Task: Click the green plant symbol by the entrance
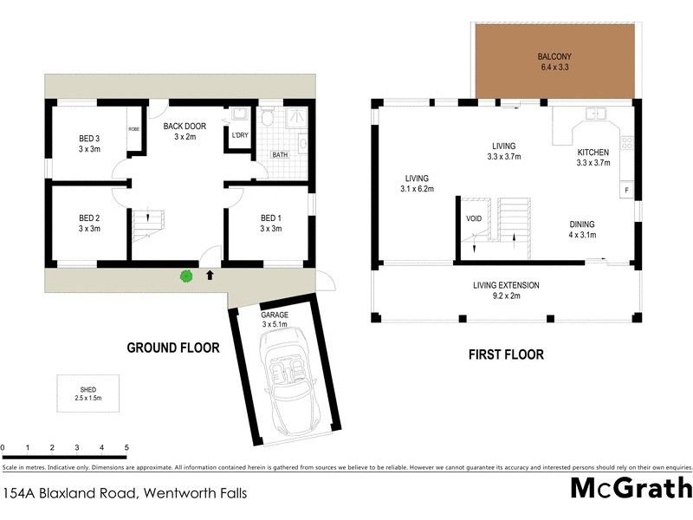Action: click(x=185, y=276)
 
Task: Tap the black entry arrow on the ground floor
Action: click(x=210, y=276)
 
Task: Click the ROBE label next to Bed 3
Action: click(x=134, y=128)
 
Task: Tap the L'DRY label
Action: click(x=238, y=135)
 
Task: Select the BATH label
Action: click(x=280, y=155)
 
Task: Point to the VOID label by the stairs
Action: click(x=474, y=218)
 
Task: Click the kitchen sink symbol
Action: click(x=597, y=114)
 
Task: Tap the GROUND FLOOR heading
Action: click(x=173, y=348)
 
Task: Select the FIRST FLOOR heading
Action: click(x=506, y=354)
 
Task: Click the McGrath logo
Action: click(x=631, y=487)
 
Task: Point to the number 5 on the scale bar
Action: click(x=126, y=448)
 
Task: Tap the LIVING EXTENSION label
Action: click(x=506, y=290)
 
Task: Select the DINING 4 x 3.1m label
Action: click(x=582, y=229)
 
